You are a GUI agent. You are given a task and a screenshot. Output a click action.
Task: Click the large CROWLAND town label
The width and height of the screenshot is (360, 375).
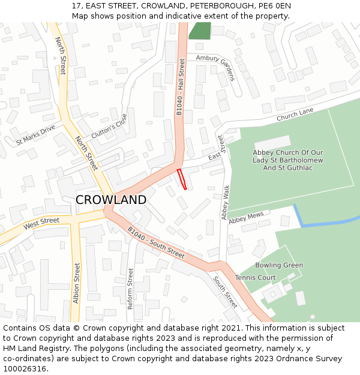point(111,200)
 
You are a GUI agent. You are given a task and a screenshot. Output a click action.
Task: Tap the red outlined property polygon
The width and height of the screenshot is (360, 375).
point(182,179)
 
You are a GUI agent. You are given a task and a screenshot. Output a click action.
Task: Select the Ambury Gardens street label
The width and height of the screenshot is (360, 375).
point(215,67)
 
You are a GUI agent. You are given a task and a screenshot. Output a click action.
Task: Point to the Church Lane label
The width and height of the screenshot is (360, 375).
point(295,115)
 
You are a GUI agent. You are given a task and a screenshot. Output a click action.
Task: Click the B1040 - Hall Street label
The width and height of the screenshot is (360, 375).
point(181,87)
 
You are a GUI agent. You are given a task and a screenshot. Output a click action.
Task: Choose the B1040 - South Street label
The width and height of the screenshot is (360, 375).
point(156,242)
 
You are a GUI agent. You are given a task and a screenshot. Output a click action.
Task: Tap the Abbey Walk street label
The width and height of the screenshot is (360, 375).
point(226,202)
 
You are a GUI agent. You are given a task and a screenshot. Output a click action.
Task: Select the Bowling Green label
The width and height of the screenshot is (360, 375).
point(279,265)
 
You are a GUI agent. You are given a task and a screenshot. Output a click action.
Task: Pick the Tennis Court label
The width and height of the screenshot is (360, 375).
point(256,278)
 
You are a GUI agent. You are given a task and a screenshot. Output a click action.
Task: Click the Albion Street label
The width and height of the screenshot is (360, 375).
point(76,283)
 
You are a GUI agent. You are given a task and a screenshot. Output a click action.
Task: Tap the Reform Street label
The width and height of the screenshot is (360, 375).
point(130,289)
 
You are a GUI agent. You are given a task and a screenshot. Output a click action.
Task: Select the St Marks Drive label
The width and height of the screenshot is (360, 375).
point(35,134)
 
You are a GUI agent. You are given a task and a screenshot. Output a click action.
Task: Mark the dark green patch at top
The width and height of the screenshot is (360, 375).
point(200,31)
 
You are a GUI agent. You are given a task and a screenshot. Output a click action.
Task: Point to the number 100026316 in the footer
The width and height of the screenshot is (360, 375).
point(24,369)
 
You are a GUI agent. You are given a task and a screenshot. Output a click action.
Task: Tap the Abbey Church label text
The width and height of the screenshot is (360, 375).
point(288,160)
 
